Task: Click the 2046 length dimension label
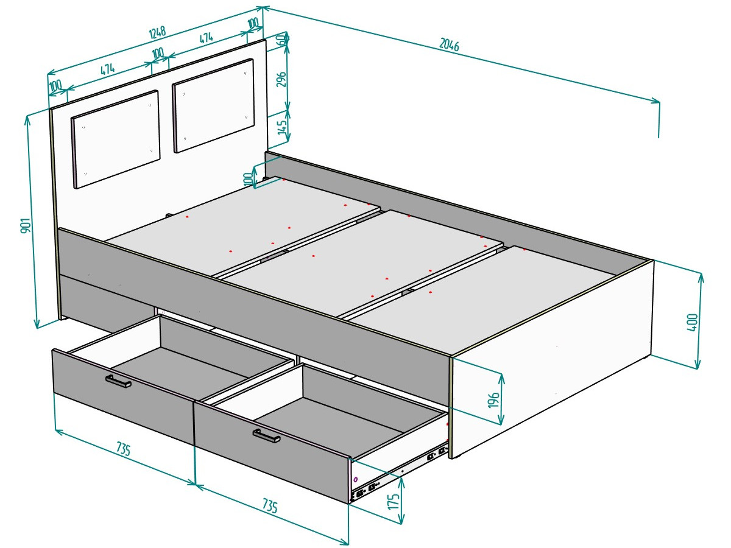pyautogui.click(x=449, y=44)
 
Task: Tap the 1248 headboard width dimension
pyautogui.click(x=157, y=33)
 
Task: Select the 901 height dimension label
pyautogui.click(x=26, y=225)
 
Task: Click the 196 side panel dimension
pyautogui.click(x=493, y=399)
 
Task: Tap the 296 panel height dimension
pyautogui.click(x=282, y=79)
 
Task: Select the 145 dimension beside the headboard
pyautogui.click(x=282, y=127)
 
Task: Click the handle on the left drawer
pyautogui.click(x=118, y=381)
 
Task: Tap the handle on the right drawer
pyautogui.click(x=266, y=436)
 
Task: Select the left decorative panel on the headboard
pyautogui.click(x=116, y=139)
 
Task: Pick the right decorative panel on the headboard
pyautogui.click(x=213, y=105)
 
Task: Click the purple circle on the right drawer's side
pyautogui.click(x=355, y=479)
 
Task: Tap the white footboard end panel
pyautogui.click(x=551, y=359)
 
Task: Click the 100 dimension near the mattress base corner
pyautogui.click(x=249, y=179)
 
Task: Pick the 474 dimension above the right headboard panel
pyautogui.click(x=207, y=38)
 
